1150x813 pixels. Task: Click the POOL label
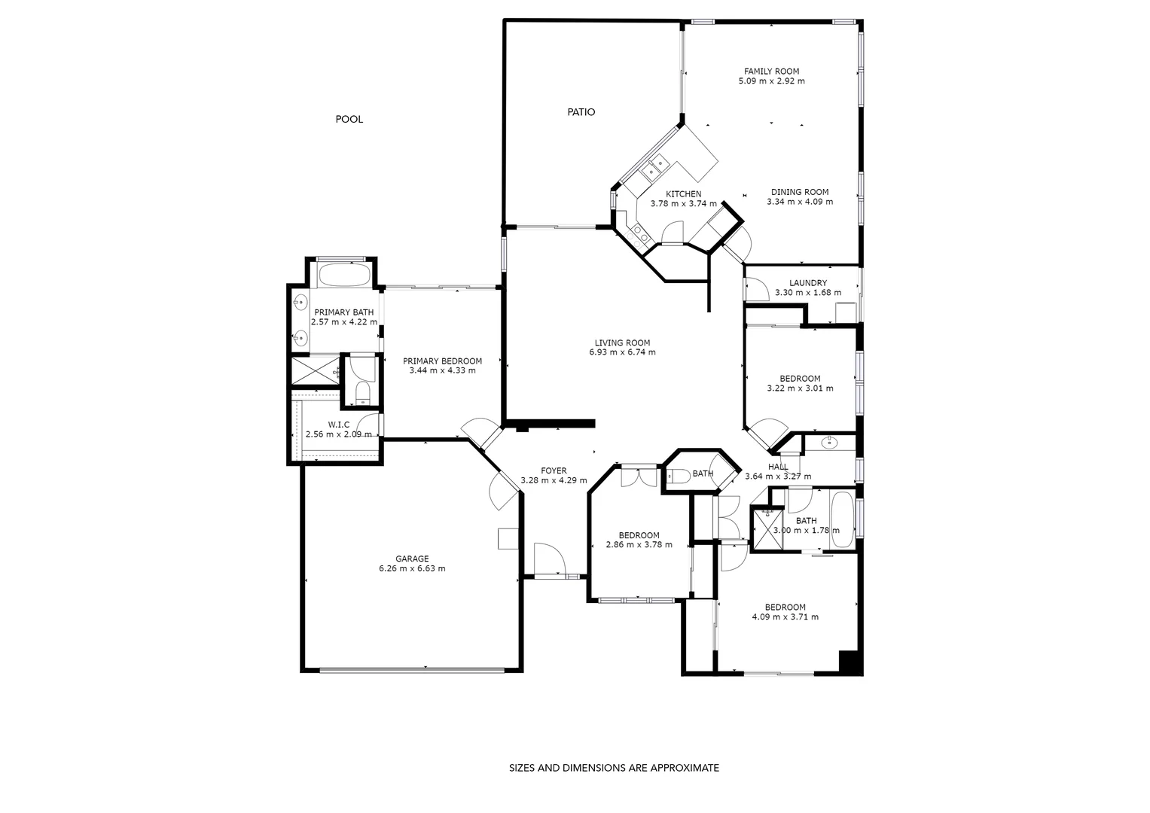[349, 119]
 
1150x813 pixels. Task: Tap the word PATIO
[581, 112]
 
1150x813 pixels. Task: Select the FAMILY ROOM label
[771, 72]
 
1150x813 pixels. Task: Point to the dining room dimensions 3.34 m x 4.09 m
[800, 202]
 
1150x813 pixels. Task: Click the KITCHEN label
[683, 194]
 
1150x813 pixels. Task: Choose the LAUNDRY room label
[807, 283]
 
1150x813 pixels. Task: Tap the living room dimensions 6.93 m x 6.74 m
[622, 352]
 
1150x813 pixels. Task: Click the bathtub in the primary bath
[343, 274]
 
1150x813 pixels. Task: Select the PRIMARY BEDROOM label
[442, 361]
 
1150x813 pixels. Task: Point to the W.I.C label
[338, 425]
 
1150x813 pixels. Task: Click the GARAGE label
[412, 559]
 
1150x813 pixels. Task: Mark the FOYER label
[554, 471]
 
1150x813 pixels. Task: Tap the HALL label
[778, 467]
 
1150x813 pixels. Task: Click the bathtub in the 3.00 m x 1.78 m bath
[841, 519]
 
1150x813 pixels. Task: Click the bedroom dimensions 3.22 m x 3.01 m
[800, 388]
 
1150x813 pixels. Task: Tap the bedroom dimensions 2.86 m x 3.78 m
[639, 545]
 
